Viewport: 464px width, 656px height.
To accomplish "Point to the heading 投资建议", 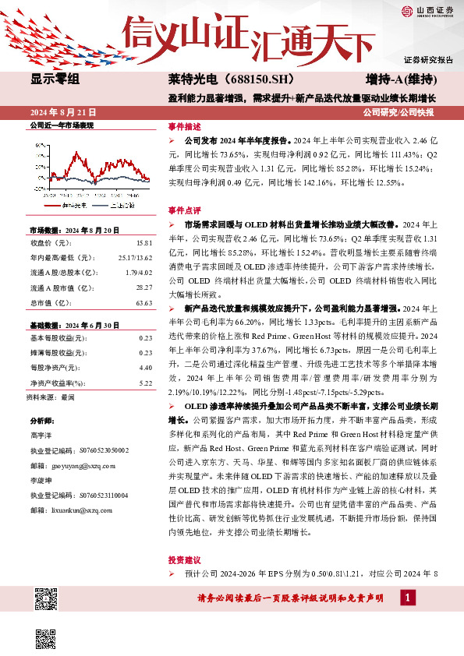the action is point(185,559).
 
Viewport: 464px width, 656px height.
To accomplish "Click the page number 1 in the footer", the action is point(406,597).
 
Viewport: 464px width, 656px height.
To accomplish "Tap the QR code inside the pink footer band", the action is point(44,599).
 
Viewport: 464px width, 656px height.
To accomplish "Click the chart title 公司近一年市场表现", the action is point(62,125).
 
